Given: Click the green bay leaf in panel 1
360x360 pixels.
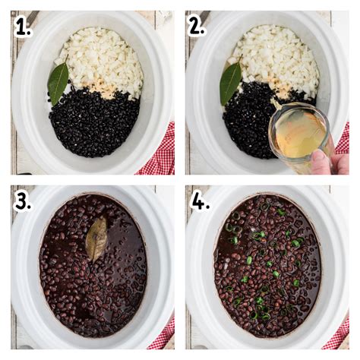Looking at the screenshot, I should (x=58, y=81).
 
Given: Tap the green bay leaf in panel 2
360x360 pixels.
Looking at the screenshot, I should (x=230, y=82).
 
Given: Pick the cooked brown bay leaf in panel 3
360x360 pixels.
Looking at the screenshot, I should (x=96, y=238).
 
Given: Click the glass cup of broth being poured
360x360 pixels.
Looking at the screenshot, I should (x=300, y=134).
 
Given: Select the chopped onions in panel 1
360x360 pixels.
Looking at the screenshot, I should (x=103, y=57).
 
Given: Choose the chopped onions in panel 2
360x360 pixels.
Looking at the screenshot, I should (x=277, y=57).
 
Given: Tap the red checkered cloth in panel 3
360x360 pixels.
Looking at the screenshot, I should (x=163, y=334).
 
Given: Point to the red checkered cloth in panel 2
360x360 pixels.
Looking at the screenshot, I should (x=343, y=137).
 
